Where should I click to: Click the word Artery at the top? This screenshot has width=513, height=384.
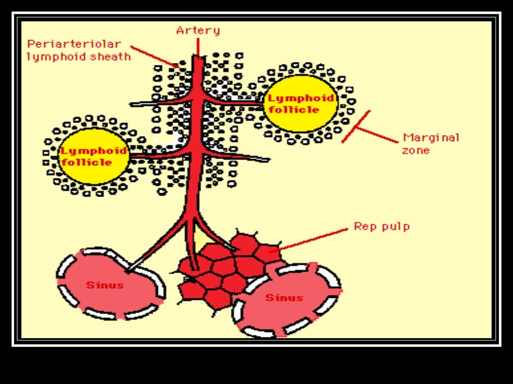tap(198, 30)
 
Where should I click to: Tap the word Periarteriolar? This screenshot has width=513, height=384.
tap(74, 44)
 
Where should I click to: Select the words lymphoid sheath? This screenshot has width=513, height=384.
tap(78, 56)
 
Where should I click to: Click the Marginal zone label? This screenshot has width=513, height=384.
tap(430, 143)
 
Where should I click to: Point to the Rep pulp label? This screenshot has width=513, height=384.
tap(382, 226)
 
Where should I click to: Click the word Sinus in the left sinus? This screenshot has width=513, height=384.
tap(105, 285)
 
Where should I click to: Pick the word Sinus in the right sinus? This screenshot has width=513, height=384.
tap(284, 298)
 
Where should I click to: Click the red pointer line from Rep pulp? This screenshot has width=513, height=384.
tap(311, 239)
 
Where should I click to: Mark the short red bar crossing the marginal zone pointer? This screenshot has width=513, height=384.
tap(356, 126)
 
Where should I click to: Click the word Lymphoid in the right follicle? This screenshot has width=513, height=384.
tap(301, 98)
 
